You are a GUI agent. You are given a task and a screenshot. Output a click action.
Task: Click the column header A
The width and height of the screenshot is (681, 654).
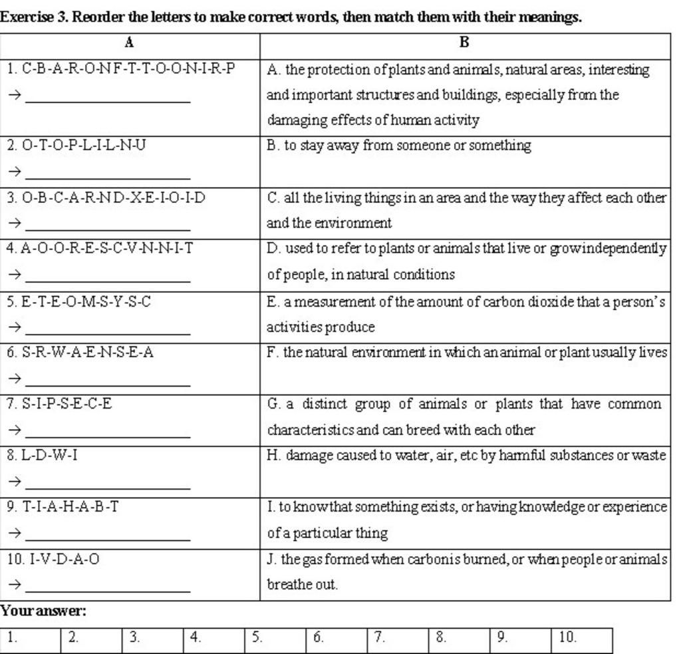(129, 43)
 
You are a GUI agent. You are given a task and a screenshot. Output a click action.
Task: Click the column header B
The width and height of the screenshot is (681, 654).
(464, 43)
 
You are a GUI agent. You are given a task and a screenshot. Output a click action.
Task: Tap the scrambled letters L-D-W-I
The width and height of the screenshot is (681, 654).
(48, 456)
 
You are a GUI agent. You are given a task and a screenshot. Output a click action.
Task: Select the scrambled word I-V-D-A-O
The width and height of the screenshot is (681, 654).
(59, 559)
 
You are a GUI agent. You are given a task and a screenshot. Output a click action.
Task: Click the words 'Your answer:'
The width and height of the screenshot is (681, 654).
(43, 611)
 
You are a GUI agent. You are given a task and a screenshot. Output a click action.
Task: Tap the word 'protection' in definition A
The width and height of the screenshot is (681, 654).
(339, 70)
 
